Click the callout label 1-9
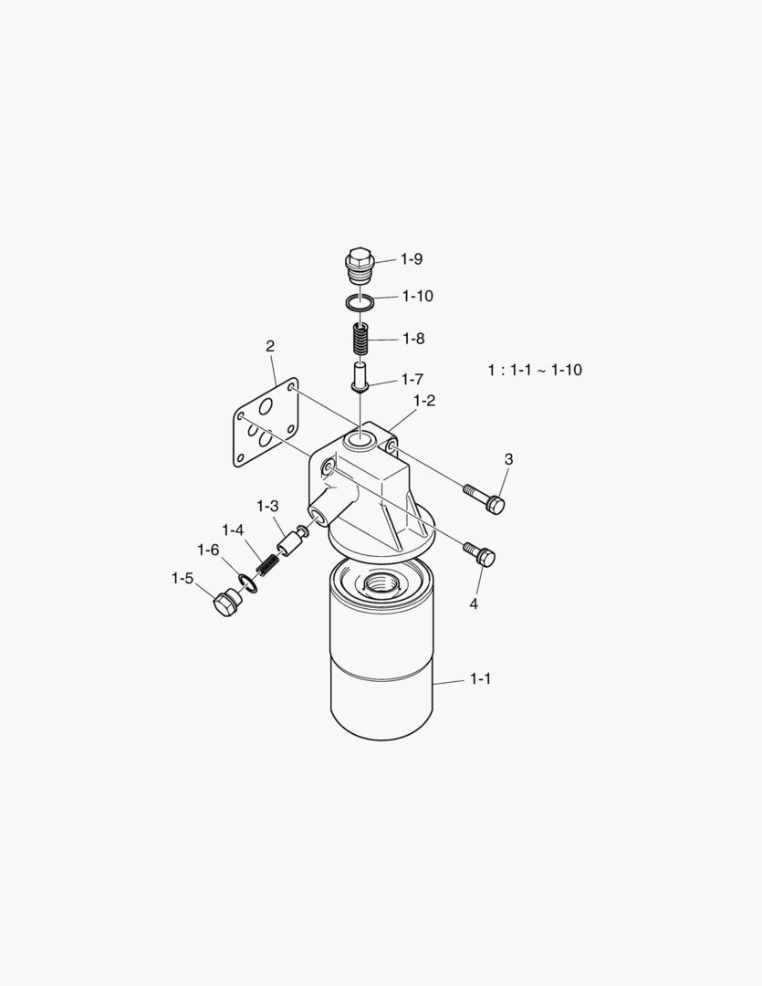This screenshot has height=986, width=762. [x=412, y=259]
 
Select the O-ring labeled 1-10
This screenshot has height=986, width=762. [x=360, y=302]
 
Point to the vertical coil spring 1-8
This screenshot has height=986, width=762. [x=360, y=340]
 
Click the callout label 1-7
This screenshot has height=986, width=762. [x=412, y=379]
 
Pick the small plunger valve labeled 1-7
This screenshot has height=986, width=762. [x=360, y=378]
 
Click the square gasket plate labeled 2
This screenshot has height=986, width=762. [x=266, y=423]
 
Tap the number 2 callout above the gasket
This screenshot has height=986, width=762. [x=270, y=346]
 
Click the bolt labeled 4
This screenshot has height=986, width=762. [x=480, y=552]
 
